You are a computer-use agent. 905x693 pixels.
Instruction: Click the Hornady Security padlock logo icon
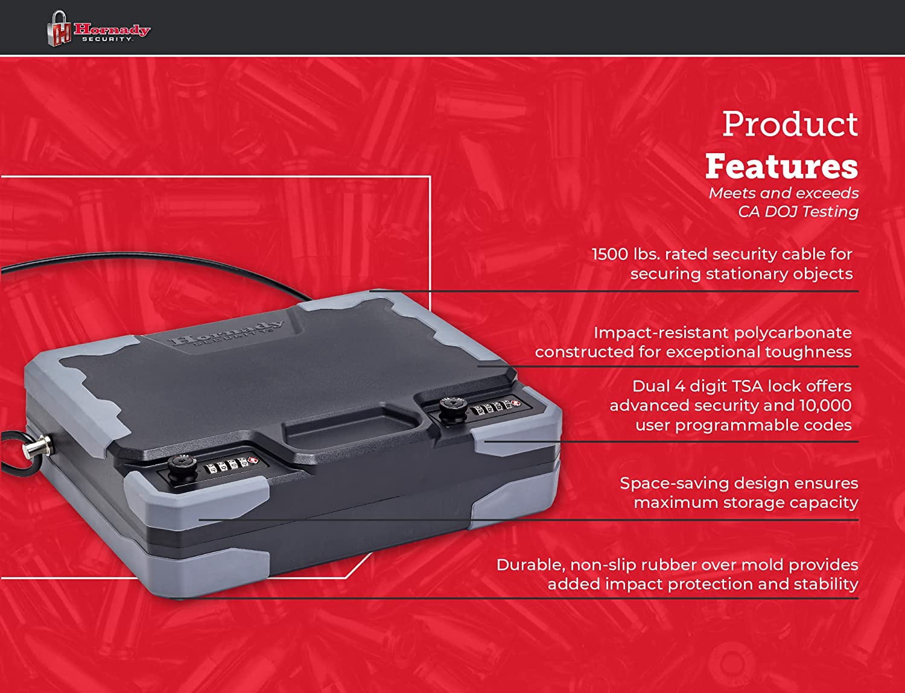[x=59, y=28]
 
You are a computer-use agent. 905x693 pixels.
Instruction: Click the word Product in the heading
[x=790, y=124]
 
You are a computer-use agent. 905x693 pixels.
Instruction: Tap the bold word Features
[x=782, y=166]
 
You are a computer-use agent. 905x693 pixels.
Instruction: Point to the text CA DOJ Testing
[x=798, y=212]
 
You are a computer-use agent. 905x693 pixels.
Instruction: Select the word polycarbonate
[x=793, y=334]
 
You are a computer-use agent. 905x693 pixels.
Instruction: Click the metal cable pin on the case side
[x=37, y=448]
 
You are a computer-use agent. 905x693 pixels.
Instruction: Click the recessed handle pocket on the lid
[x=351, y=428]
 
